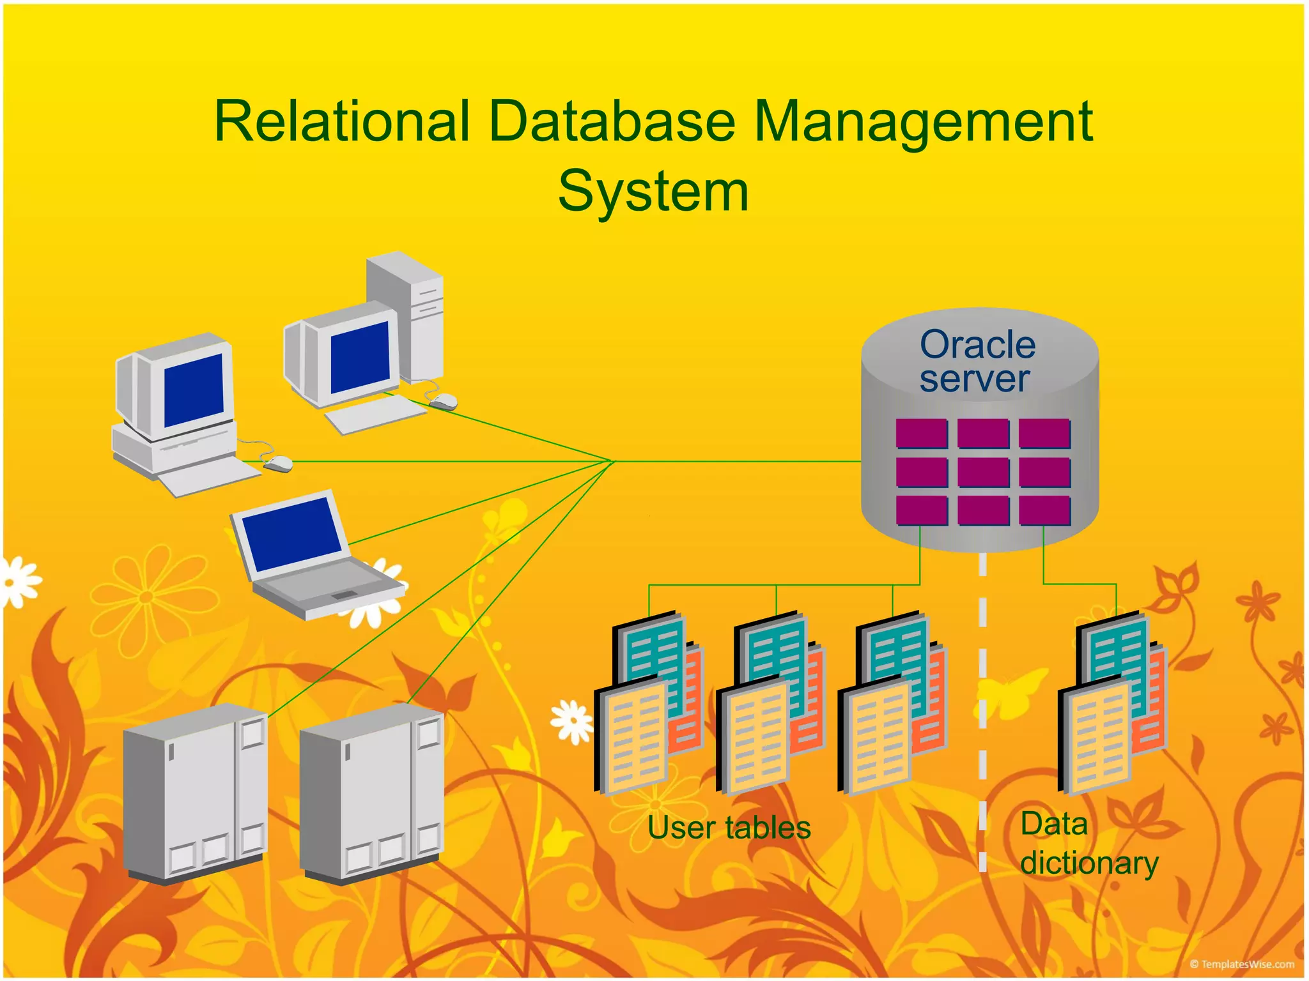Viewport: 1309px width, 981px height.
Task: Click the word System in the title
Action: [x=653, y=192]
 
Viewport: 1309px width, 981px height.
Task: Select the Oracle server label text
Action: [x=976, y=361]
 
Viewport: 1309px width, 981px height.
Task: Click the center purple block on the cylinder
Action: [x=983, y=473]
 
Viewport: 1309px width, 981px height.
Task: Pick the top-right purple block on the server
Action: [x=1044, y=434]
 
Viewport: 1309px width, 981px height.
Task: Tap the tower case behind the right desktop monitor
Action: [x=409, y=313]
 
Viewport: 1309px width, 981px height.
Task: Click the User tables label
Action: [x=729, y=828]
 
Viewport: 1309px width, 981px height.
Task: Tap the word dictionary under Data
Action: [x=1089, y=863]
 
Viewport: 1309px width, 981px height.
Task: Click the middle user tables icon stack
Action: [x=770, y=703]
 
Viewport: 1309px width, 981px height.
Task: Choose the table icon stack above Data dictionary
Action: [x=1112, y=703]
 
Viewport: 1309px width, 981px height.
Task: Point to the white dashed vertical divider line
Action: [x=983, y=703]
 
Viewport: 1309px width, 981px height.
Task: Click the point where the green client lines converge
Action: [x=612, y=461]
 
